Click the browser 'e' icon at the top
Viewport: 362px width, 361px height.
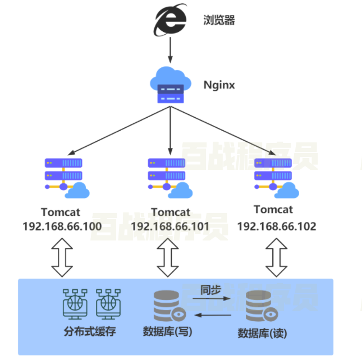click(170, 21)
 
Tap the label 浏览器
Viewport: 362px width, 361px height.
click(218, 21)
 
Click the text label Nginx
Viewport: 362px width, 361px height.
click(219, 86)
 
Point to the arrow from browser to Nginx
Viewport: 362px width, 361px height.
click(170, 54)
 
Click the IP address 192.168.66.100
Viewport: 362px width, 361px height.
click(62, 227)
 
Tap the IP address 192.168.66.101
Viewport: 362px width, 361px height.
click(169, 227)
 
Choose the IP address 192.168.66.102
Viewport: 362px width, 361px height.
click(277, 226)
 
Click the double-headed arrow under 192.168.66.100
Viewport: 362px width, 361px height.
click(62, 257)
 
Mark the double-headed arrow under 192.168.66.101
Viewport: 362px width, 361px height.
click(168, 257)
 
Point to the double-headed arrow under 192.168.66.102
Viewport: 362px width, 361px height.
click(276, 257)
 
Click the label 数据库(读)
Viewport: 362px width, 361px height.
click(262, 333)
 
